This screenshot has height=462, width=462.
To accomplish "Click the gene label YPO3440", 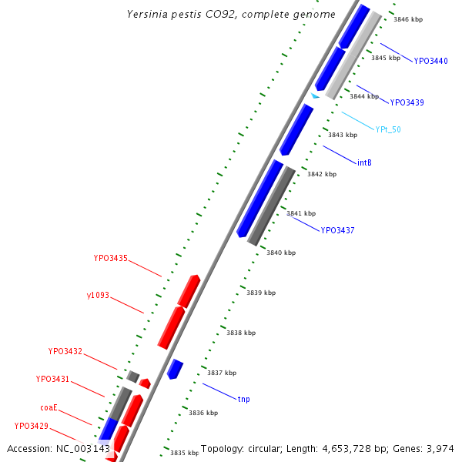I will pos(430,61).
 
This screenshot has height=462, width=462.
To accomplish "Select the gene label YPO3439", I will pos(407,102).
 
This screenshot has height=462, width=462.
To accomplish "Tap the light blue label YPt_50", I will pos(388,129).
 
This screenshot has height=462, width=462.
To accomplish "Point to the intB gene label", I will pos(364,162).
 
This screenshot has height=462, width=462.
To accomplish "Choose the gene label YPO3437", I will pos(337,230).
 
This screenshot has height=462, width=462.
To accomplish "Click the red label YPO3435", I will pos(111,259).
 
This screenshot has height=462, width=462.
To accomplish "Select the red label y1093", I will pos(98,295).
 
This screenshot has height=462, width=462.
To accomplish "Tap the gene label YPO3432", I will pos(65,351).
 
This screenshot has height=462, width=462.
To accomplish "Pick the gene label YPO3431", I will pos(52,379).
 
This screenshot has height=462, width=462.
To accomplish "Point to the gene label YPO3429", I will pos(32,426).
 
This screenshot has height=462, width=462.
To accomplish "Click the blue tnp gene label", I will pos(243,399).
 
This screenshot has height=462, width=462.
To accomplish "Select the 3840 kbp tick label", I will pos(280,252).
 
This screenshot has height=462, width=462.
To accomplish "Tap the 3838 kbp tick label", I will pos(240,332).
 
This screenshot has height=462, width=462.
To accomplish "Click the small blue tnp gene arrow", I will pos(175,369).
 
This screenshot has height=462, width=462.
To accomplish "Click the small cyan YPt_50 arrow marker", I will pos(315,95).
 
